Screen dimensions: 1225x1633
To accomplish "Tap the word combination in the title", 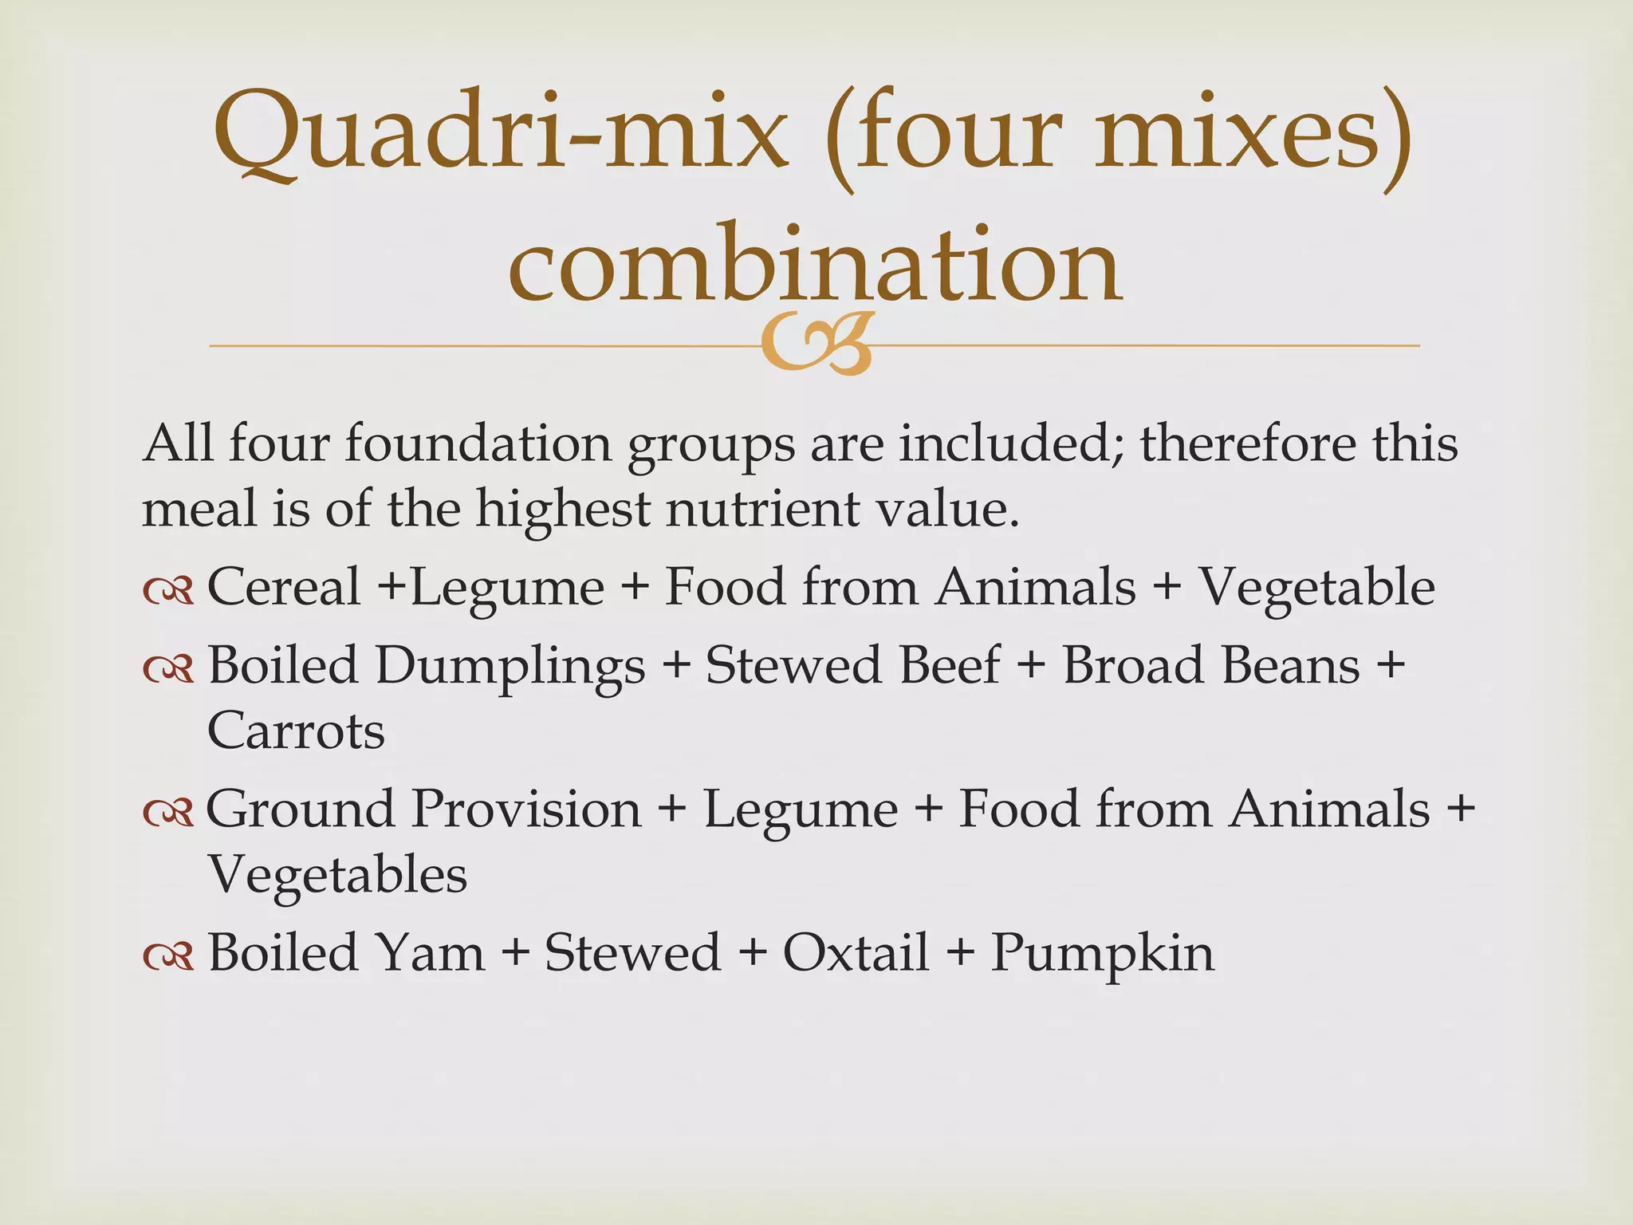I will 815,263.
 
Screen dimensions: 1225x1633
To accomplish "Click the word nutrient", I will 762,509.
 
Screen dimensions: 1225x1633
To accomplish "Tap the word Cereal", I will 284,587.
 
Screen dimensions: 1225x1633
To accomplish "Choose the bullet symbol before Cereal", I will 168,590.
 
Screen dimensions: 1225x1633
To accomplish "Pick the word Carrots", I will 296,731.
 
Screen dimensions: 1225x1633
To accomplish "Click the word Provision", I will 527,809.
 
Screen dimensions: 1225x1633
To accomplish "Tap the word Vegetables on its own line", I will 337,875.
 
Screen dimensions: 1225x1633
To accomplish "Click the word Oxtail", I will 856,952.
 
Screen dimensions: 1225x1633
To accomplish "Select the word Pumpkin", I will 1103,954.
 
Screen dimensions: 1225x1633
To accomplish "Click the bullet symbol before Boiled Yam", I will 168,956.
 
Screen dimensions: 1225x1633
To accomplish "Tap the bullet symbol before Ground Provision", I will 168,812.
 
